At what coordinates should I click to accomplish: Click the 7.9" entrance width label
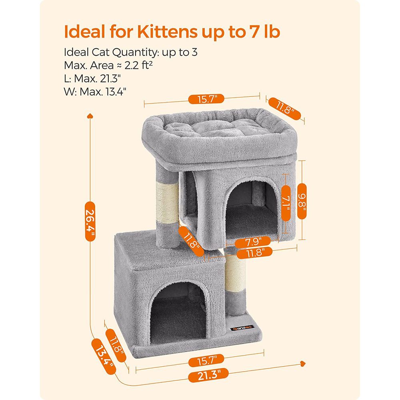click(x=254, y=241)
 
